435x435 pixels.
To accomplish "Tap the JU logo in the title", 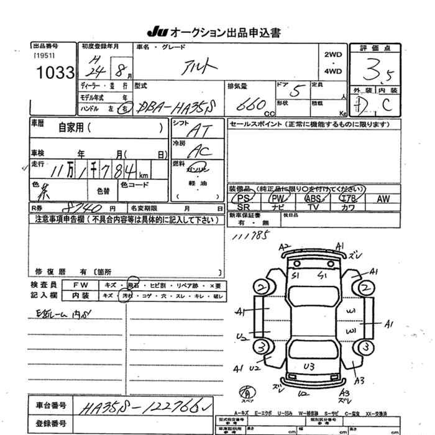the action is click(x=155, y=32).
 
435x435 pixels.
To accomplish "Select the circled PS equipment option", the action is click(x=245, y=199).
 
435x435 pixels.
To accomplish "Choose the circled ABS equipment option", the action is click(x=313, y=199).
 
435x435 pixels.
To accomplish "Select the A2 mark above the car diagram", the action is click(x=285, y=247).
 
